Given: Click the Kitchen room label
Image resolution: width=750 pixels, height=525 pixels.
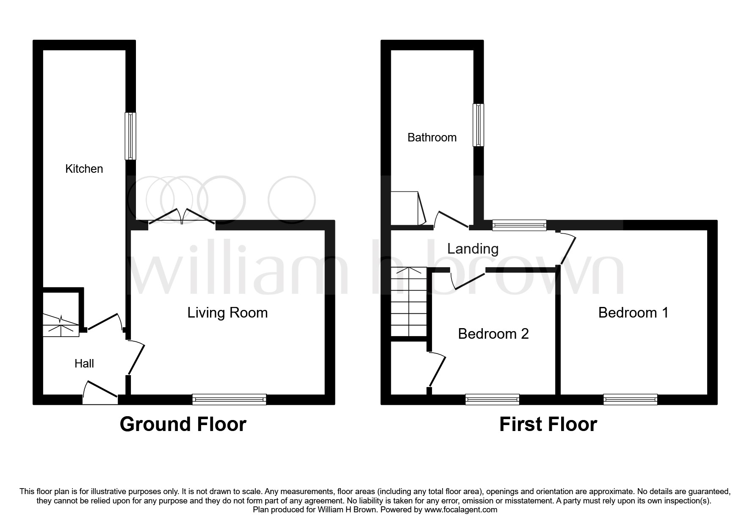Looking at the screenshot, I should [84, 169].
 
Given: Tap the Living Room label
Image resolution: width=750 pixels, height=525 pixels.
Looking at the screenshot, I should [227, 313].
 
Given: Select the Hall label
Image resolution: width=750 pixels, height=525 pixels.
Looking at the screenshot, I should [84, 363].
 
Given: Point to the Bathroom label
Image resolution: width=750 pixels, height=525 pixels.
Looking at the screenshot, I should [432, 137].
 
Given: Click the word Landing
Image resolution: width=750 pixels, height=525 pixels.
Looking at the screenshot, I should [473, 249].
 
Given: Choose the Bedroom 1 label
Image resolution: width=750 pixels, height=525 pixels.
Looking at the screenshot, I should [633, 312].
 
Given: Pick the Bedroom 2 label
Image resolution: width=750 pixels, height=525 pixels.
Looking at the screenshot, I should [493, 334].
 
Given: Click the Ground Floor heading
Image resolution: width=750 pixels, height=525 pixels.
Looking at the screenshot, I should [183, 424].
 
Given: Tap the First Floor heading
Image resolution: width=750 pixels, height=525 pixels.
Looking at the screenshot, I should [548, 424].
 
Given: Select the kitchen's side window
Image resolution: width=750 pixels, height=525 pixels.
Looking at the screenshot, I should [130, 136].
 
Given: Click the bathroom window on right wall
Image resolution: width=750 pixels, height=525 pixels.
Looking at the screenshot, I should [479, 125].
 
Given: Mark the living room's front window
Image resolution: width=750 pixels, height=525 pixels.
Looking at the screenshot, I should [229, 399].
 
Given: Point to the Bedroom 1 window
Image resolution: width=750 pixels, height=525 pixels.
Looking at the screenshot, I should [630, 399].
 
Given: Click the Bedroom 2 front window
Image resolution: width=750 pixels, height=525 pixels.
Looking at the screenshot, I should [492, 399].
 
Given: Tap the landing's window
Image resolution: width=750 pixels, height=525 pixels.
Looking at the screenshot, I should [519, 225].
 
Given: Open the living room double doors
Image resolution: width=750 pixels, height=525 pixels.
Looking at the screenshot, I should [182, 217].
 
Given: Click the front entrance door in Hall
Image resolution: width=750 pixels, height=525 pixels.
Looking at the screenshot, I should [100, 392].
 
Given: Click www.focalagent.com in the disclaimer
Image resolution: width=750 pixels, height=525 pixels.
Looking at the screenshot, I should [461, 510].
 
